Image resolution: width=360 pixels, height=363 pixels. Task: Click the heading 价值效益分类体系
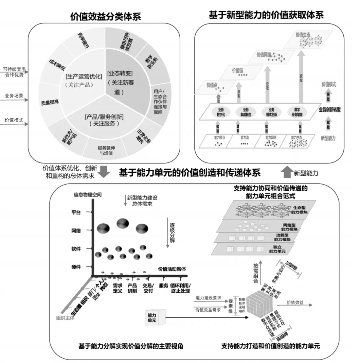point(105,16)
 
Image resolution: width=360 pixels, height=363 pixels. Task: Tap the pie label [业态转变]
point(120,73)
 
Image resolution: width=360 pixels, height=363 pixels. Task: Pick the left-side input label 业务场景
point(14,96)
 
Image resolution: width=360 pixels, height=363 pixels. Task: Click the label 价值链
point(238,70)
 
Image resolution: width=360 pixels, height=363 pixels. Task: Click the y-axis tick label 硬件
point(76,266)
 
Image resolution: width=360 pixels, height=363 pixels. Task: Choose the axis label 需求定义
point(118,288)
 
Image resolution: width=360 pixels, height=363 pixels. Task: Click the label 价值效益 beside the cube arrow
point(295,302)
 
